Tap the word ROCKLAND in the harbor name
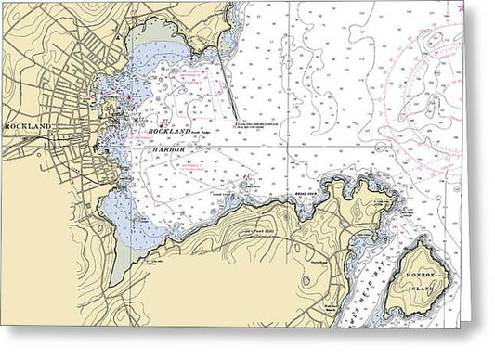point(168,133)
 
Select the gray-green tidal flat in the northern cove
point(158,37)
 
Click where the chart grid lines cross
point(287,145)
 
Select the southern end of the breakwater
point(233,120)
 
